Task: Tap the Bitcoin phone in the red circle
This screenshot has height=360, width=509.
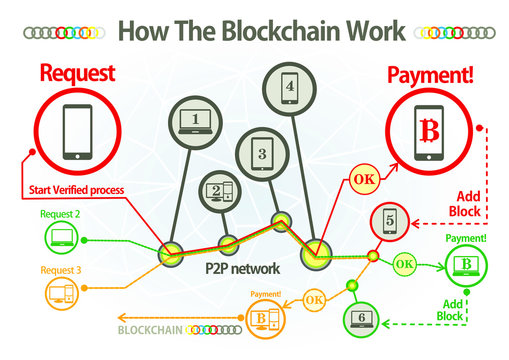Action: (x=431, y=133)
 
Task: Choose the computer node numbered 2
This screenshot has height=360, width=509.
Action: (x=218, y=191)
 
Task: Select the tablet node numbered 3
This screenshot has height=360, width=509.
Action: (x=262, y=154)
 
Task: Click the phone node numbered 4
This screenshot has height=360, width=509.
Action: (x=290, y=86)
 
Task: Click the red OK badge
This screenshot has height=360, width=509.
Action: (x=364, y=181)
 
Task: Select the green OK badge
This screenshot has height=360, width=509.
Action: (x=404, y=264)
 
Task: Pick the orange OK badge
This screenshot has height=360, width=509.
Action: (x=313, y=298)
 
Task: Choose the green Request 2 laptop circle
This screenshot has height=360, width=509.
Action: (x=60, y=237)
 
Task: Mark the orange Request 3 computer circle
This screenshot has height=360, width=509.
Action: (x=62, y=292)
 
